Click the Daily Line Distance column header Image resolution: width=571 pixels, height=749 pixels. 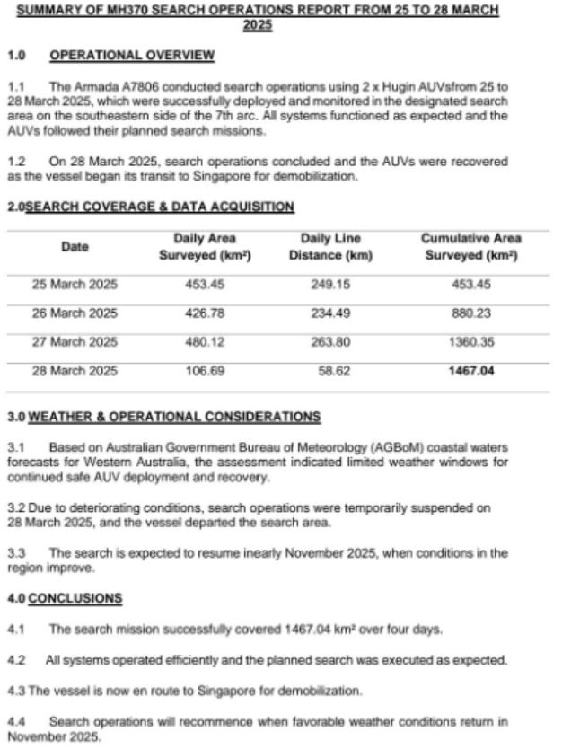pyautogui.click(x=330, y=247)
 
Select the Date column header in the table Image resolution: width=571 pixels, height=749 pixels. pyautogui.click(x=75, y=247)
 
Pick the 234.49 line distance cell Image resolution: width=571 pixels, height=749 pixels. pyautogui.click(x=330, y=313)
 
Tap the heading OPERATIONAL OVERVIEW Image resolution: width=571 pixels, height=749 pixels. pyautogui.click(x=132, y=56)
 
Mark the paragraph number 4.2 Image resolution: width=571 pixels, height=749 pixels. pyautogui.click(x=16, y=660)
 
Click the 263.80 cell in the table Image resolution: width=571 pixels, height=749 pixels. pyautogui.click(x=330, y=341)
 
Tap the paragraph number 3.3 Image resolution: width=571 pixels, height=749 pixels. pyautogui.click(x=16, y=552)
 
